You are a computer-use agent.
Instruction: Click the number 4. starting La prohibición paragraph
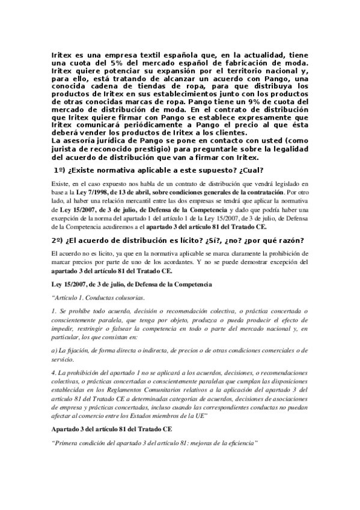55,374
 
